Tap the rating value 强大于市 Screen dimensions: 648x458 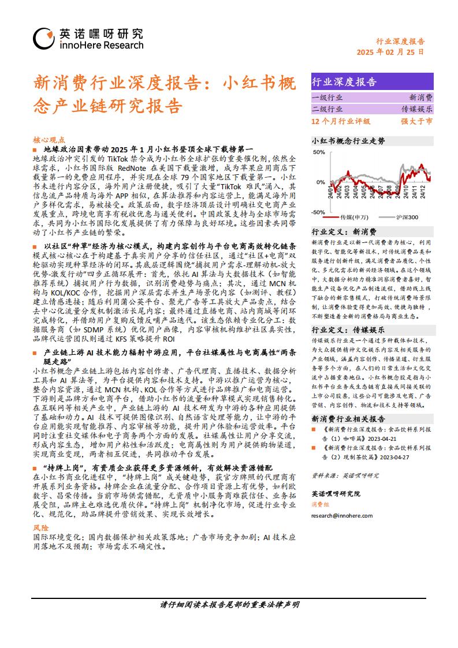tap(416, 121)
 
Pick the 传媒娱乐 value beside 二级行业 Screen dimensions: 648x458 tap(417, 109)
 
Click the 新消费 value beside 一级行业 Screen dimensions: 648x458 tap(421, 98)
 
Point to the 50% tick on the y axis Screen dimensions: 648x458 tap(318, 153)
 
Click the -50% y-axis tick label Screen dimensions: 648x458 tap(318, 212)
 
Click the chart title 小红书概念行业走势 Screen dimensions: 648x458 tap(348, 140)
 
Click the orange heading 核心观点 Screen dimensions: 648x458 tap(49, 140)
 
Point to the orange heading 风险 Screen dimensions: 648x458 tap(41, 527)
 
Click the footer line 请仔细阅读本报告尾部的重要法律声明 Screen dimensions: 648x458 tap(229, 605)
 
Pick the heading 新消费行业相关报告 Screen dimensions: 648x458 tap(348, 418)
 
